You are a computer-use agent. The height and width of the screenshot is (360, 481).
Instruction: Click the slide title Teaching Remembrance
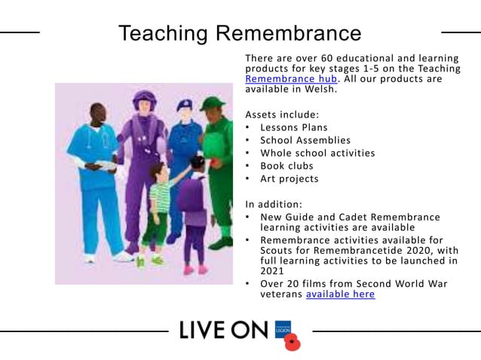click(x=240, y=33)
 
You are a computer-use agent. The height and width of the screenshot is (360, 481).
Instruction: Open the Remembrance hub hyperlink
click(x=291, y=78)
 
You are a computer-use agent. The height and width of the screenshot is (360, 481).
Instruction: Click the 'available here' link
click(x=340, y=294)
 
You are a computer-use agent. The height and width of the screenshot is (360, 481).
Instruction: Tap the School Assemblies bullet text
click(x=305, y=140)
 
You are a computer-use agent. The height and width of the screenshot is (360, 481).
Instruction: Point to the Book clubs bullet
click(x=286, y=166)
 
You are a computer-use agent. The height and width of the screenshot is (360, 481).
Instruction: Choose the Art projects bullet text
click(x=290, y=178)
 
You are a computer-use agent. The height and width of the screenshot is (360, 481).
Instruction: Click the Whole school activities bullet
click(x=317, y=153)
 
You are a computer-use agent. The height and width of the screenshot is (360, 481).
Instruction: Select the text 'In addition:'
click(x=274, y=203)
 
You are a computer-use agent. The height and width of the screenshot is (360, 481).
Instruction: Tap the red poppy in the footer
click(x=292, y=343)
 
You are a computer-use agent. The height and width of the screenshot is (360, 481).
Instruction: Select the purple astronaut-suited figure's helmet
click(x=143, y=99)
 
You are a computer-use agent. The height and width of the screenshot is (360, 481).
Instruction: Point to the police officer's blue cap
click(x=185, y=104)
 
